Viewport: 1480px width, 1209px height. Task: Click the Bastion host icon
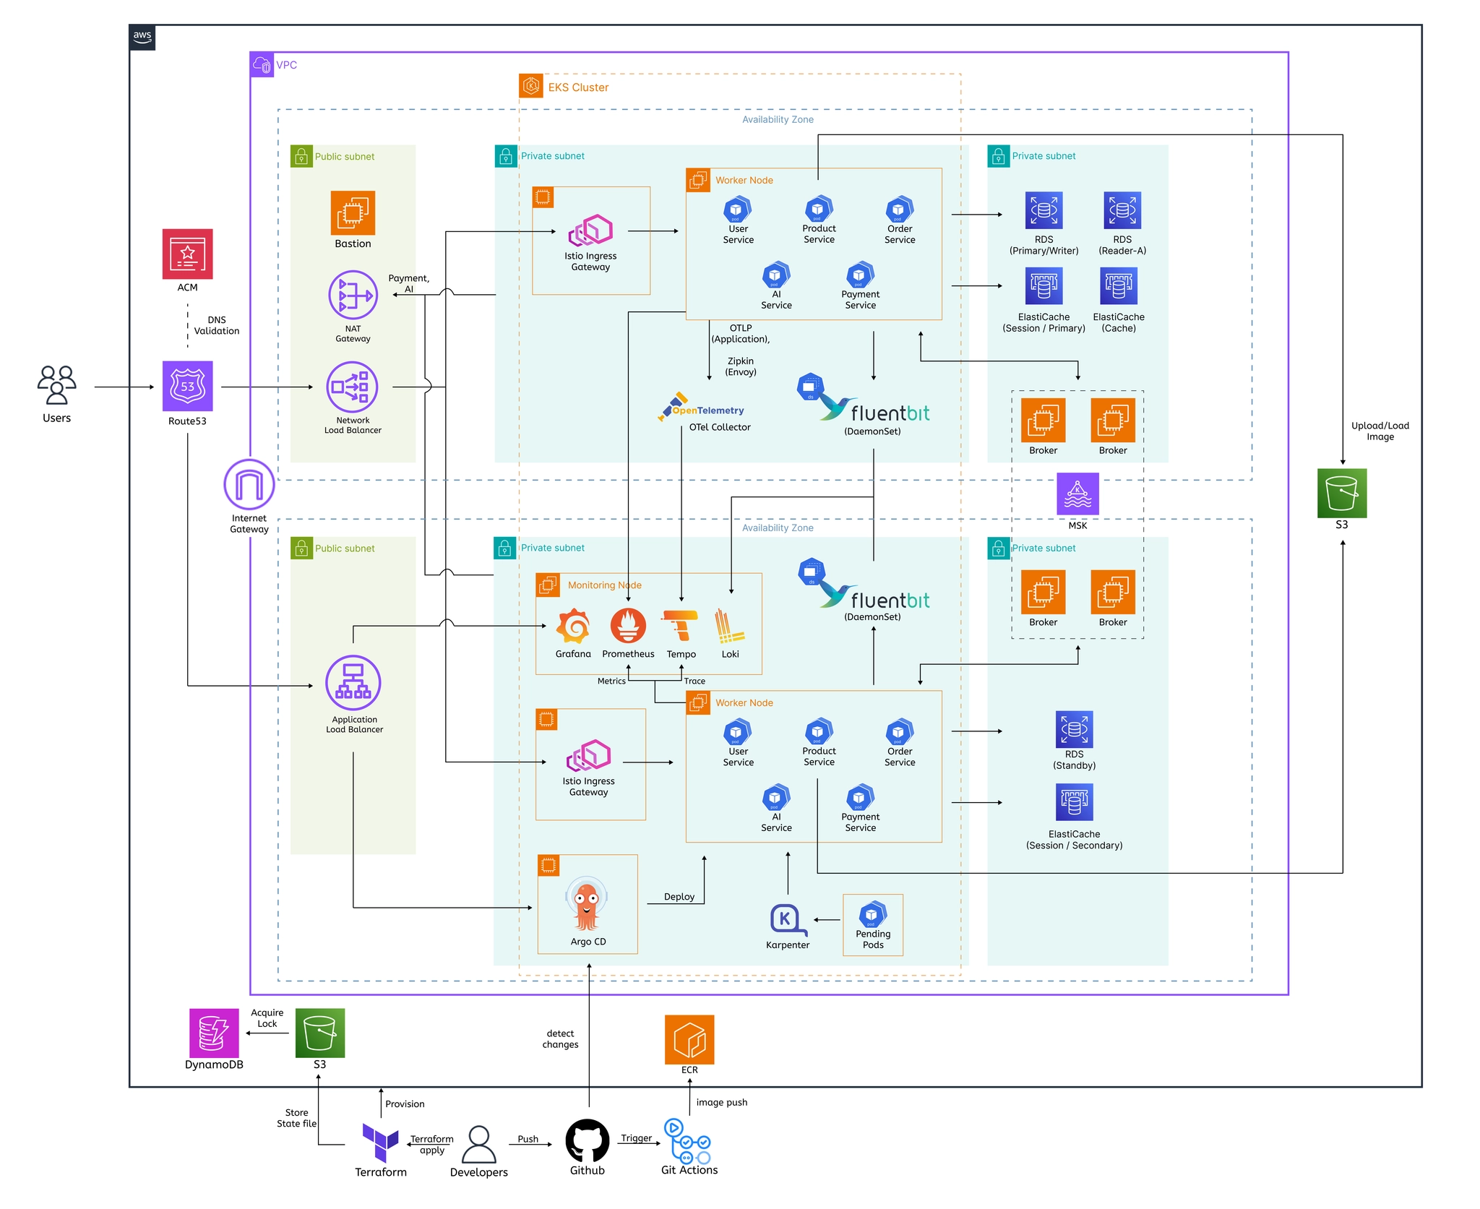click(x=353, y=212)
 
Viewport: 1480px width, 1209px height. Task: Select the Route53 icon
click(x=187, y=387)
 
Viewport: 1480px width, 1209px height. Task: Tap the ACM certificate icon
click(x=187, y=254)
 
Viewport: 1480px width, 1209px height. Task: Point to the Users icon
click(x=56, y=384)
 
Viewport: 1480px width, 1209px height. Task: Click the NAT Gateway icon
click(x=353, y=295)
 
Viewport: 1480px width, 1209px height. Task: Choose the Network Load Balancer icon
click(x=353, y=387)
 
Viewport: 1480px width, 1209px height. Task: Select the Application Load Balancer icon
click(x=353, y=682)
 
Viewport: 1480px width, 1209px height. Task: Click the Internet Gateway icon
click(x=249, y=484)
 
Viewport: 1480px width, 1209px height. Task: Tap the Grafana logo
click(x=573, y=626)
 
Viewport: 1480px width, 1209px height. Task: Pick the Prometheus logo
click(x=628, y=626)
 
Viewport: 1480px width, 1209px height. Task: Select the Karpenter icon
click(x=786, y=920)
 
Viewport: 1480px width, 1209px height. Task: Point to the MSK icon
click(x=1077, y=494)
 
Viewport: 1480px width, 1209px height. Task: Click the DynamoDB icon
click(x=214, y=1033)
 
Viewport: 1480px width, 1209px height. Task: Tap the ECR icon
click(x=689, y=1039)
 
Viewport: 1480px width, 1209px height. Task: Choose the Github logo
click(x=587, y=1140)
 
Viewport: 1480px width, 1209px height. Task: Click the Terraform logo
click(x=380, y=1142)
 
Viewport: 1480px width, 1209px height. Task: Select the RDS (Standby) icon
click(x=1074, y=729)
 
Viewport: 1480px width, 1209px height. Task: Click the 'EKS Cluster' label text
click(x=578, y=87)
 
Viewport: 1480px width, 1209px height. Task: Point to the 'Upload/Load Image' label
click(x=1380, y=431)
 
